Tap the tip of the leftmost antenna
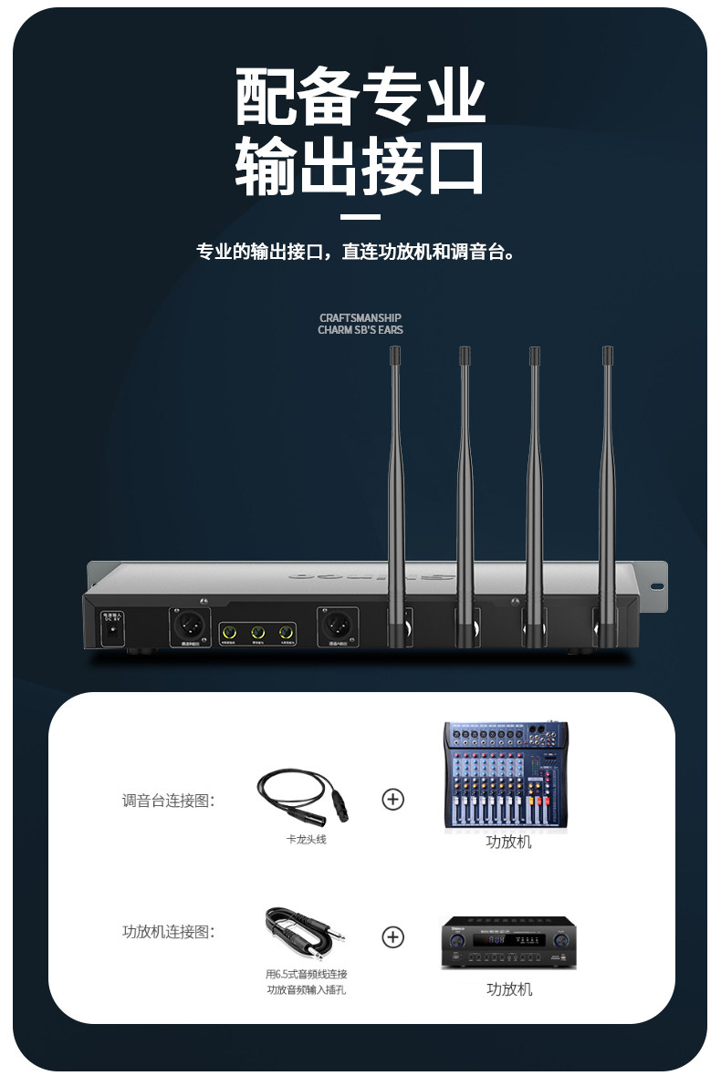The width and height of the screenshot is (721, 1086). tap(395, 352)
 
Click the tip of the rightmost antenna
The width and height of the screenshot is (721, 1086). tap(607, 352)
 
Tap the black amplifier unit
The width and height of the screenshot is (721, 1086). tap(509, 943)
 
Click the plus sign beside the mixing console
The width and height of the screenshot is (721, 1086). tap(392, 800)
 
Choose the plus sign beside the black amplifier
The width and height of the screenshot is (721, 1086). tap(392, 937)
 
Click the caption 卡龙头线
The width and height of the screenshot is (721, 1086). tap(306, 839)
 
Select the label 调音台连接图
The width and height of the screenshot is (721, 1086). tap(168, 801)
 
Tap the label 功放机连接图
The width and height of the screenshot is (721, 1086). tap(168, 932)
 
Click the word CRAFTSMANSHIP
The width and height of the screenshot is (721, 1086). tap(360, 318)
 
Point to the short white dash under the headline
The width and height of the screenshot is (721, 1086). tap(360, 217)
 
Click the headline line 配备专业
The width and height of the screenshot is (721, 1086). tap(360, 98)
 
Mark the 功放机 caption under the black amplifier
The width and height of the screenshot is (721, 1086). tap(509, 989)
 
